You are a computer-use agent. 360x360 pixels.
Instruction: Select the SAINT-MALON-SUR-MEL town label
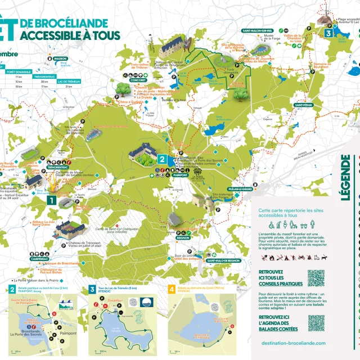[258, 30]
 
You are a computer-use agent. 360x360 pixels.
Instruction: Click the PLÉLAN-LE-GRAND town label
[240, 189]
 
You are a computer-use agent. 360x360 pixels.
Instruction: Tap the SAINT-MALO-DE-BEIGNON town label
[224, 260]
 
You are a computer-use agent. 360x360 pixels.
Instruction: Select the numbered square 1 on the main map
[51, 199]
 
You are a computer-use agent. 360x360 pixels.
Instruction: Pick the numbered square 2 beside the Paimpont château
[161, 159]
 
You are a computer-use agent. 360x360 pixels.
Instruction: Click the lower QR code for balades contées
[316, 322]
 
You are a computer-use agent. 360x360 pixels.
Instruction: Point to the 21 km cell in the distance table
[69, 87]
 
